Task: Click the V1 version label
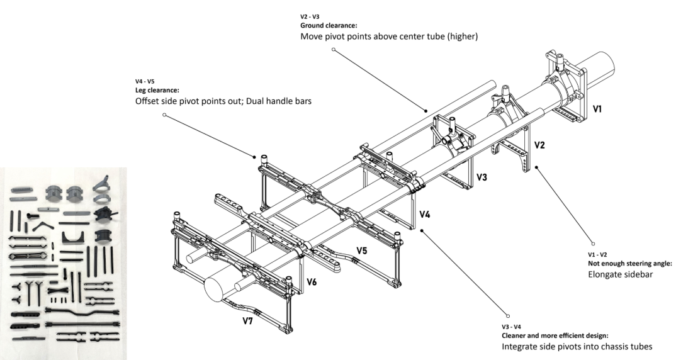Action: (x=597, y=108)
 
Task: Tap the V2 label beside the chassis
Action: (x=539, y=145)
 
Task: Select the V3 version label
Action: (x=482, y=177)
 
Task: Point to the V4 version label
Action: (x=425, y=215)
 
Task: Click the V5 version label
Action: (x=362, y=251)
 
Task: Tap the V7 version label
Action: (x=247, y=321)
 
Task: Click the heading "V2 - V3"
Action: (x=310, y=17)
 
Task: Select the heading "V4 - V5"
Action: (x=145, y=82)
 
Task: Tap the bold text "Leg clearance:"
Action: (x=157, y=90)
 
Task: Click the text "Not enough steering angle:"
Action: (x=630, y=264)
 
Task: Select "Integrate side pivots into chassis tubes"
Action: (x=577, y=347)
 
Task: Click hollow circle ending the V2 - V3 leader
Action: (x=334, y=50)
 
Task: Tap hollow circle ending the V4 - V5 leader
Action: (x=164, y=115)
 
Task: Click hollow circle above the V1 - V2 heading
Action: (x=593, y=244)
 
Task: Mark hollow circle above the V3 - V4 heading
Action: (x=508, y=317)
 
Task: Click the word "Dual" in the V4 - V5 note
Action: (x=256, y=101)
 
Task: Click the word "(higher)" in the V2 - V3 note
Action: (x=462, y=37)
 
